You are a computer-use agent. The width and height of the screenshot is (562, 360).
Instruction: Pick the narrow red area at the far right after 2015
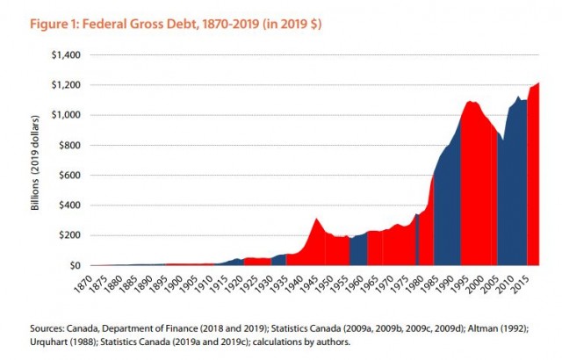[533, 176]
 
